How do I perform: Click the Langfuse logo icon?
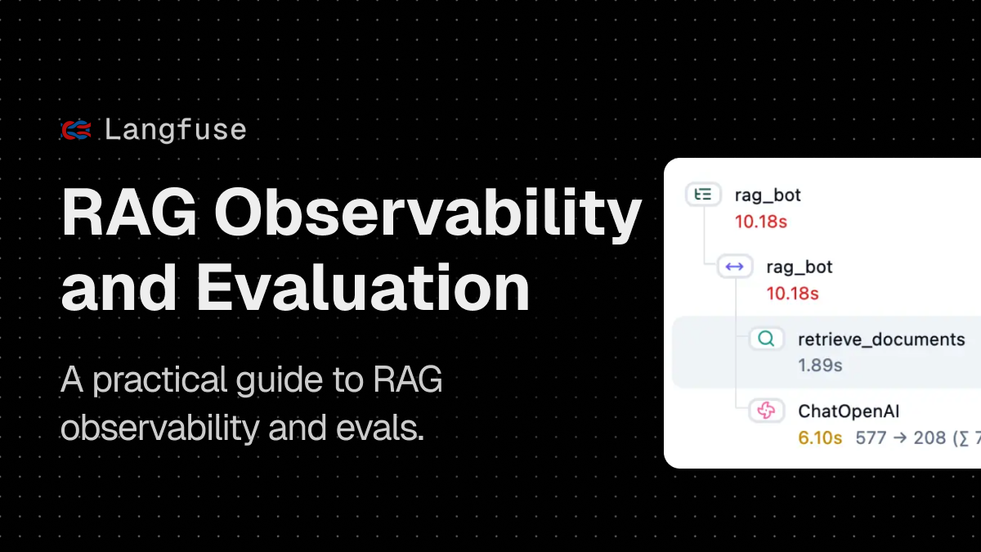click(x=77, y=130)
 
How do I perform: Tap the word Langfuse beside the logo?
click(x=175, y=130)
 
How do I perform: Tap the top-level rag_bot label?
click(x=768, y=195)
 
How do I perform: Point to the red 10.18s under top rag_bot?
click(x=760, y=222)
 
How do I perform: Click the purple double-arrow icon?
click(x=734, y=267)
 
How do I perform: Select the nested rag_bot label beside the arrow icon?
click(x=800, y=267)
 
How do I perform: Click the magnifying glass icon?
click(x=766, y=339)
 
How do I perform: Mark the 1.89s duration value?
click(x=820, y=366)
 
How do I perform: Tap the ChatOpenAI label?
click(x=849, y=411)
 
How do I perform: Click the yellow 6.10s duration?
click(x=820, y=438)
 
